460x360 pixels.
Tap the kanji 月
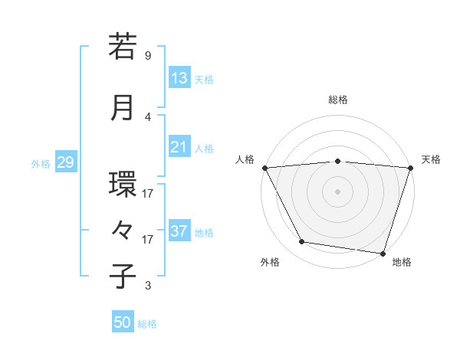(x=123, y=106)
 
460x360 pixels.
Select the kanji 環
(x=123, y=184)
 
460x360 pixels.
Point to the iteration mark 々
(x=123, y=230)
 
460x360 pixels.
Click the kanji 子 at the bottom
(x=123, y=276)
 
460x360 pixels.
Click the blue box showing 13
(x=179, y=78)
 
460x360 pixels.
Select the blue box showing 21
(x=179, y=147)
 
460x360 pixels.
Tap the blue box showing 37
(x=179, y=231)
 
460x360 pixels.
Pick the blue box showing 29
(x=65, y=162)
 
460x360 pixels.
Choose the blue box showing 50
(x=123, y=322)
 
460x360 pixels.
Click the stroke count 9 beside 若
(x=148, y=56)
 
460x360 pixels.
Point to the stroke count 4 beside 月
(x=148, y=117)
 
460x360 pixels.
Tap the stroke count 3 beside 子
(x=148, y=286)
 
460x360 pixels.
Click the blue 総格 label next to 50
(x=147, y=324)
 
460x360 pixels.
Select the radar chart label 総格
(x=338, y=100)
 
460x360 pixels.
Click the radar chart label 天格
(x=431, y=159)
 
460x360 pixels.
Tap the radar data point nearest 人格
(x=265, y=167)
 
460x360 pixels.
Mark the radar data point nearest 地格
(x=383, y=253)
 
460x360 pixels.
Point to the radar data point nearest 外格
(x=302, y=242)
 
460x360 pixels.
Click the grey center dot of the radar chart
(x=338, y=191)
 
